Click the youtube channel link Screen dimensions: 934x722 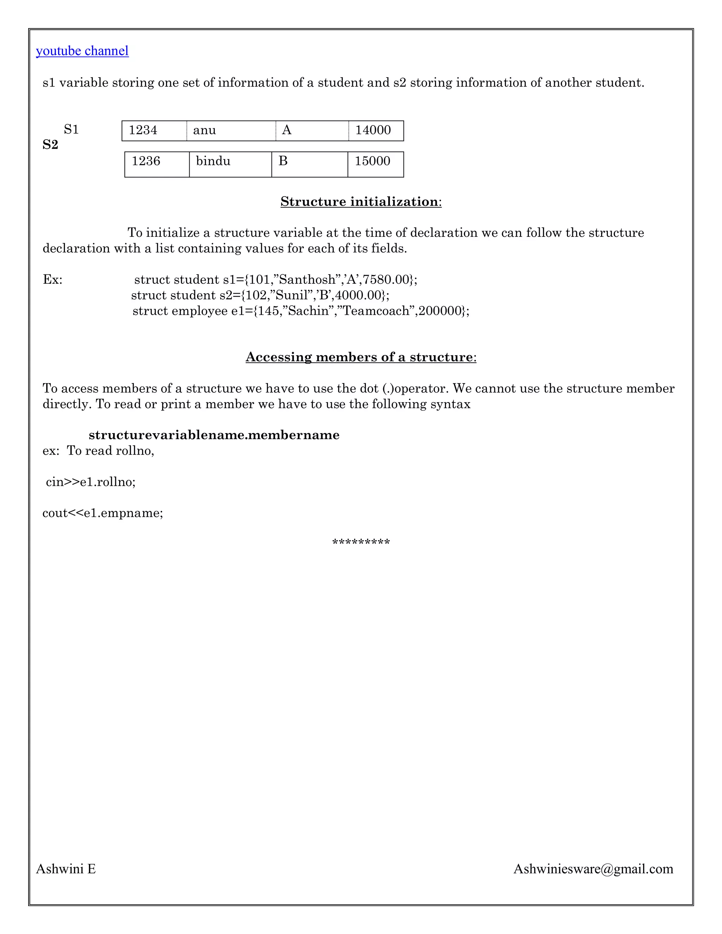(82, 51)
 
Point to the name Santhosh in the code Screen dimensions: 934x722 (307, 280)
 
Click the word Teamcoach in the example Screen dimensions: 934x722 (376, 311)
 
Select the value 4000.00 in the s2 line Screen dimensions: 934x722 (357, 295)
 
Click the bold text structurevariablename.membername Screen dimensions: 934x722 (214, 435)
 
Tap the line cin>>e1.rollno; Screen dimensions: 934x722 (91, 482)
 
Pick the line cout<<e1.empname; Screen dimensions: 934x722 (103, 513)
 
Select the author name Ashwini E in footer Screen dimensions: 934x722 (66, 868)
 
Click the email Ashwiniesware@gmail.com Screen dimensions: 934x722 (593, 868)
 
